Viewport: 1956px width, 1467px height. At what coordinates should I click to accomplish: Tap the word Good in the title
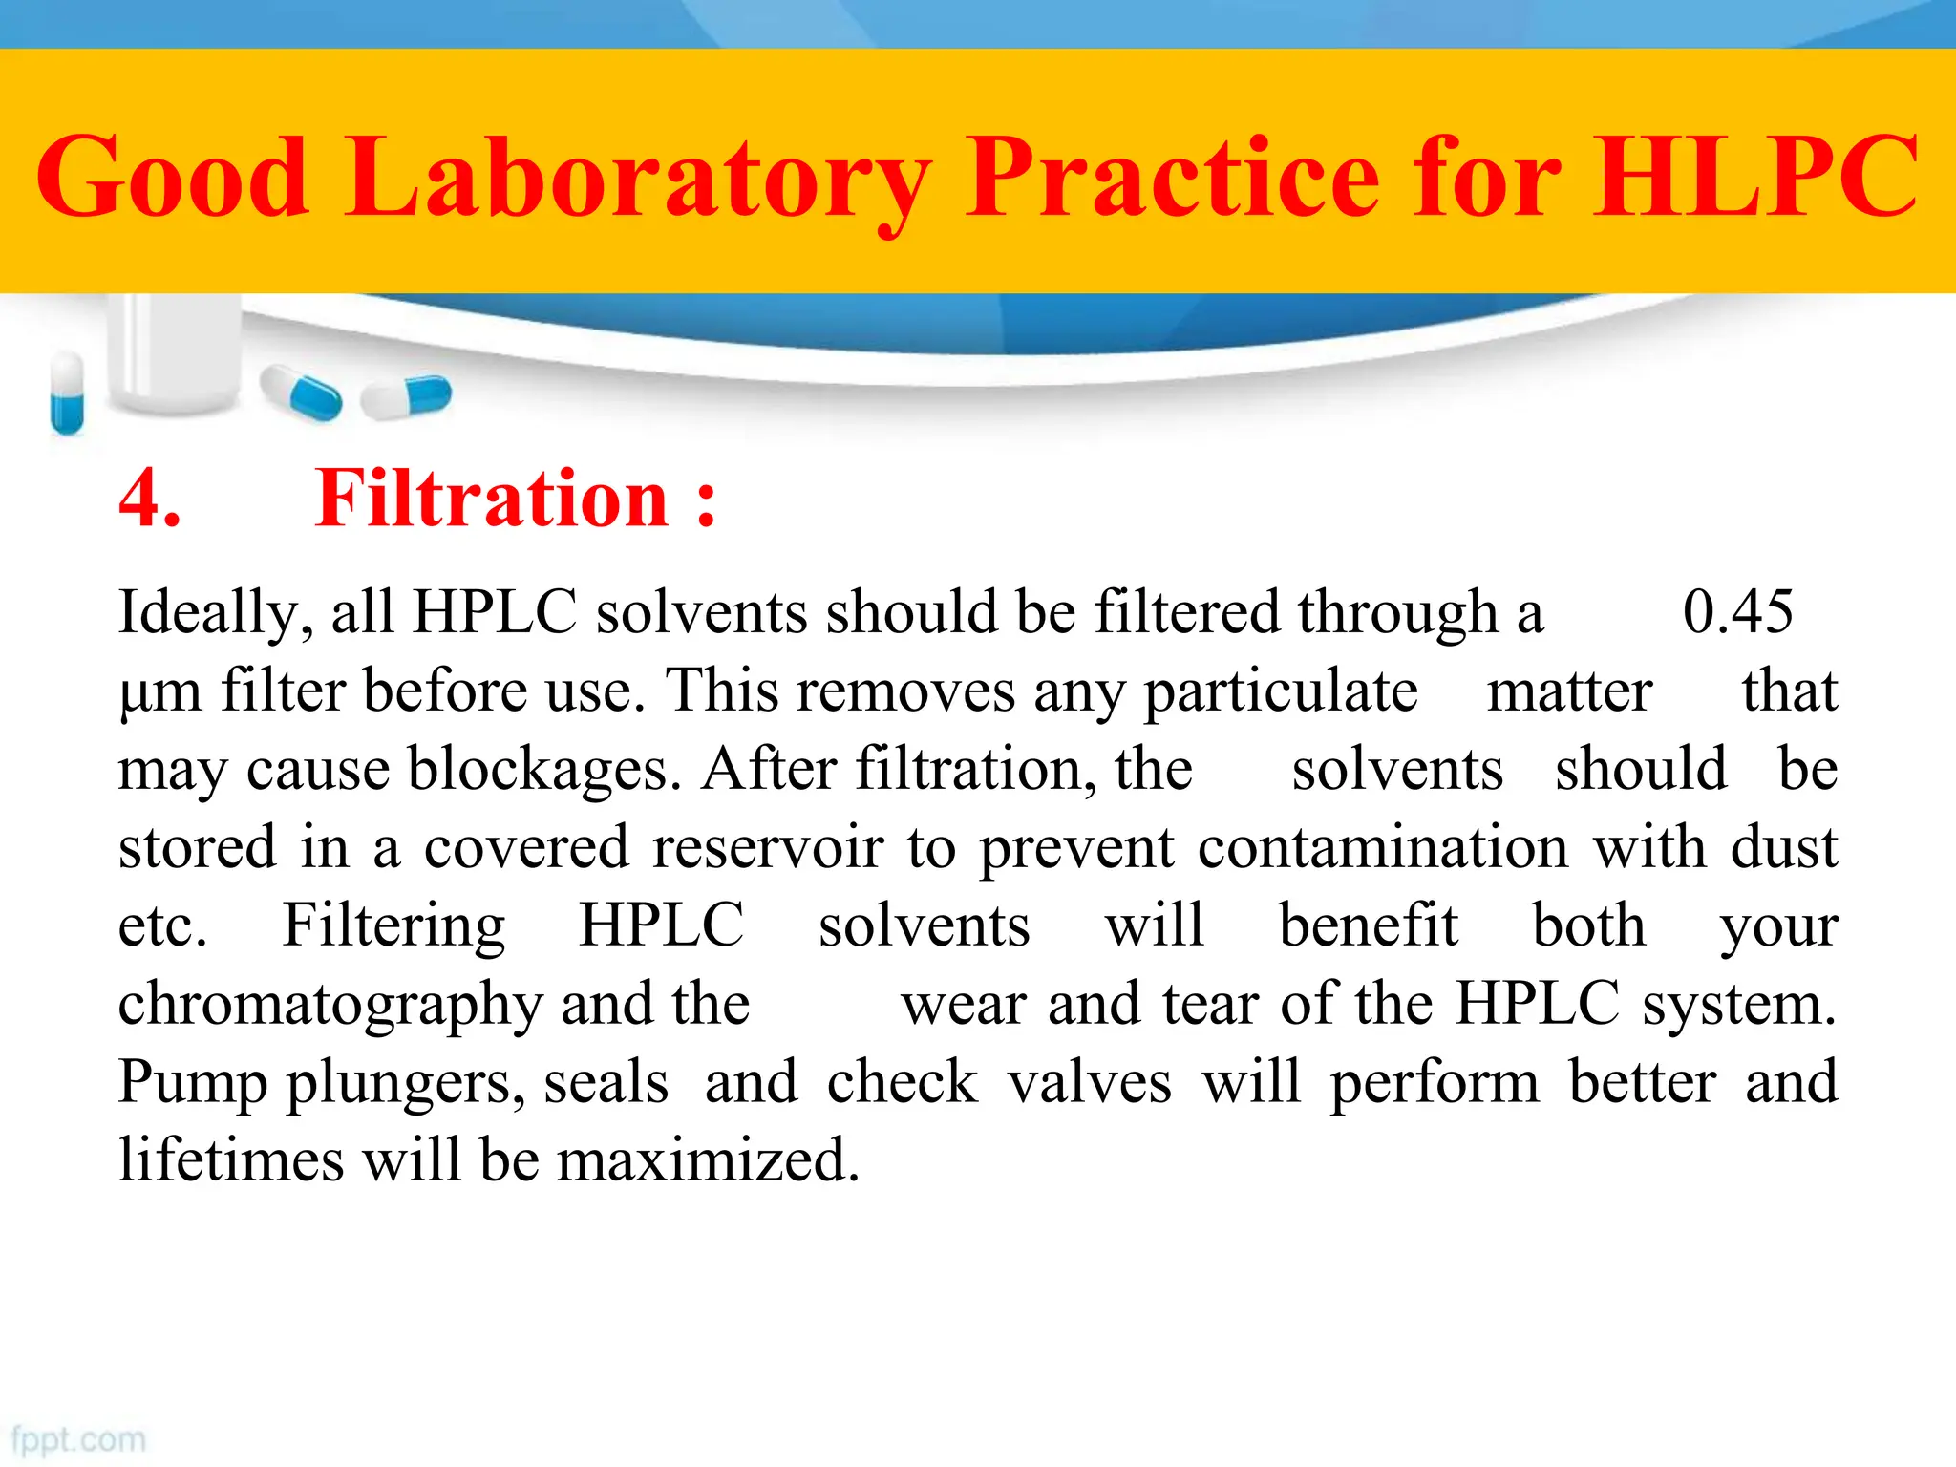click(172, 178)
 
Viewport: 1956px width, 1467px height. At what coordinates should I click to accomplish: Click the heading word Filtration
click(491, 499)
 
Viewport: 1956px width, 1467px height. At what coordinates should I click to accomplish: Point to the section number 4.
click(149, 499)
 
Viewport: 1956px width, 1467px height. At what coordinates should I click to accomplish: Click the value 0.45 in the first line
click(1737, 611)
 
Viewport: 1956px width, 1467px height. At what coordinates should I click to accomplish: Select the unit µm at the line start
click(159, 691)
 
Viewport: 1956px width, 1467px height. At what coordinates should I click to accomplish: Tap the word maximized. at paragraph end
click(708, 1161)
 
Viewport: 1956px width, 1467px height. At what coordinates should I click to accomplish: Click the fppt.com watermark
click(78, 1439)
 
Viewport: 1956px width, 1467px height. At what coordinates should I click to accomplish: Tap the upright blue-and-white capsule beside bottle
click(67, 393)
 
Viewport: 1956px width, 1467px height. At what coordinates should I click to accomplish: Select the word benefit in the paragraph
click(1368, 926)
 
